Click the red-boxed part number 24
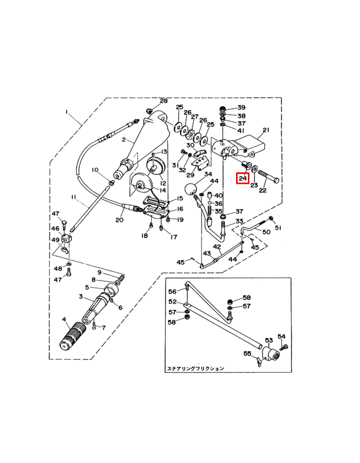(x=243, y=179)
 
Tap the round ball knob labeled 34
(x=191, y=189)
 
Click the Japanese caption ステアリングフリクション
(x=195, y=368)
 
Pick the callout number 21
(x=266, y=130)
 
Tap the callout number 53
(x=268, y=340)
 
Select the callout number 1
(x=66, y=112)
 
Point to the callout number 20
(x=119, y=220)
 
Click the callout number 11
(x=74, y=197)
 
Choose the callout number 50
(x=266, y=233)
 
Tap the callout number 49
(x=55, y=240)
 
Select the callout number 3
(x=81, y=297)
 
